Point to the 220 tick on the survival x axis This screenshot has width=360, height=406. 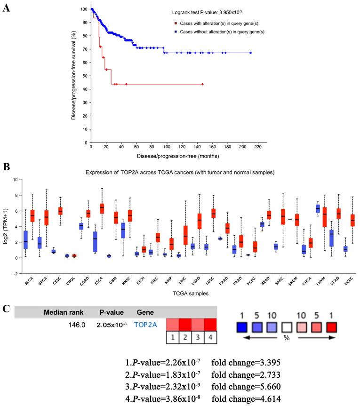[257, 147]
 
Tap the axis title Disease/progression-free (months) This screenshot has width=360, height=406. [172, 156]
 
